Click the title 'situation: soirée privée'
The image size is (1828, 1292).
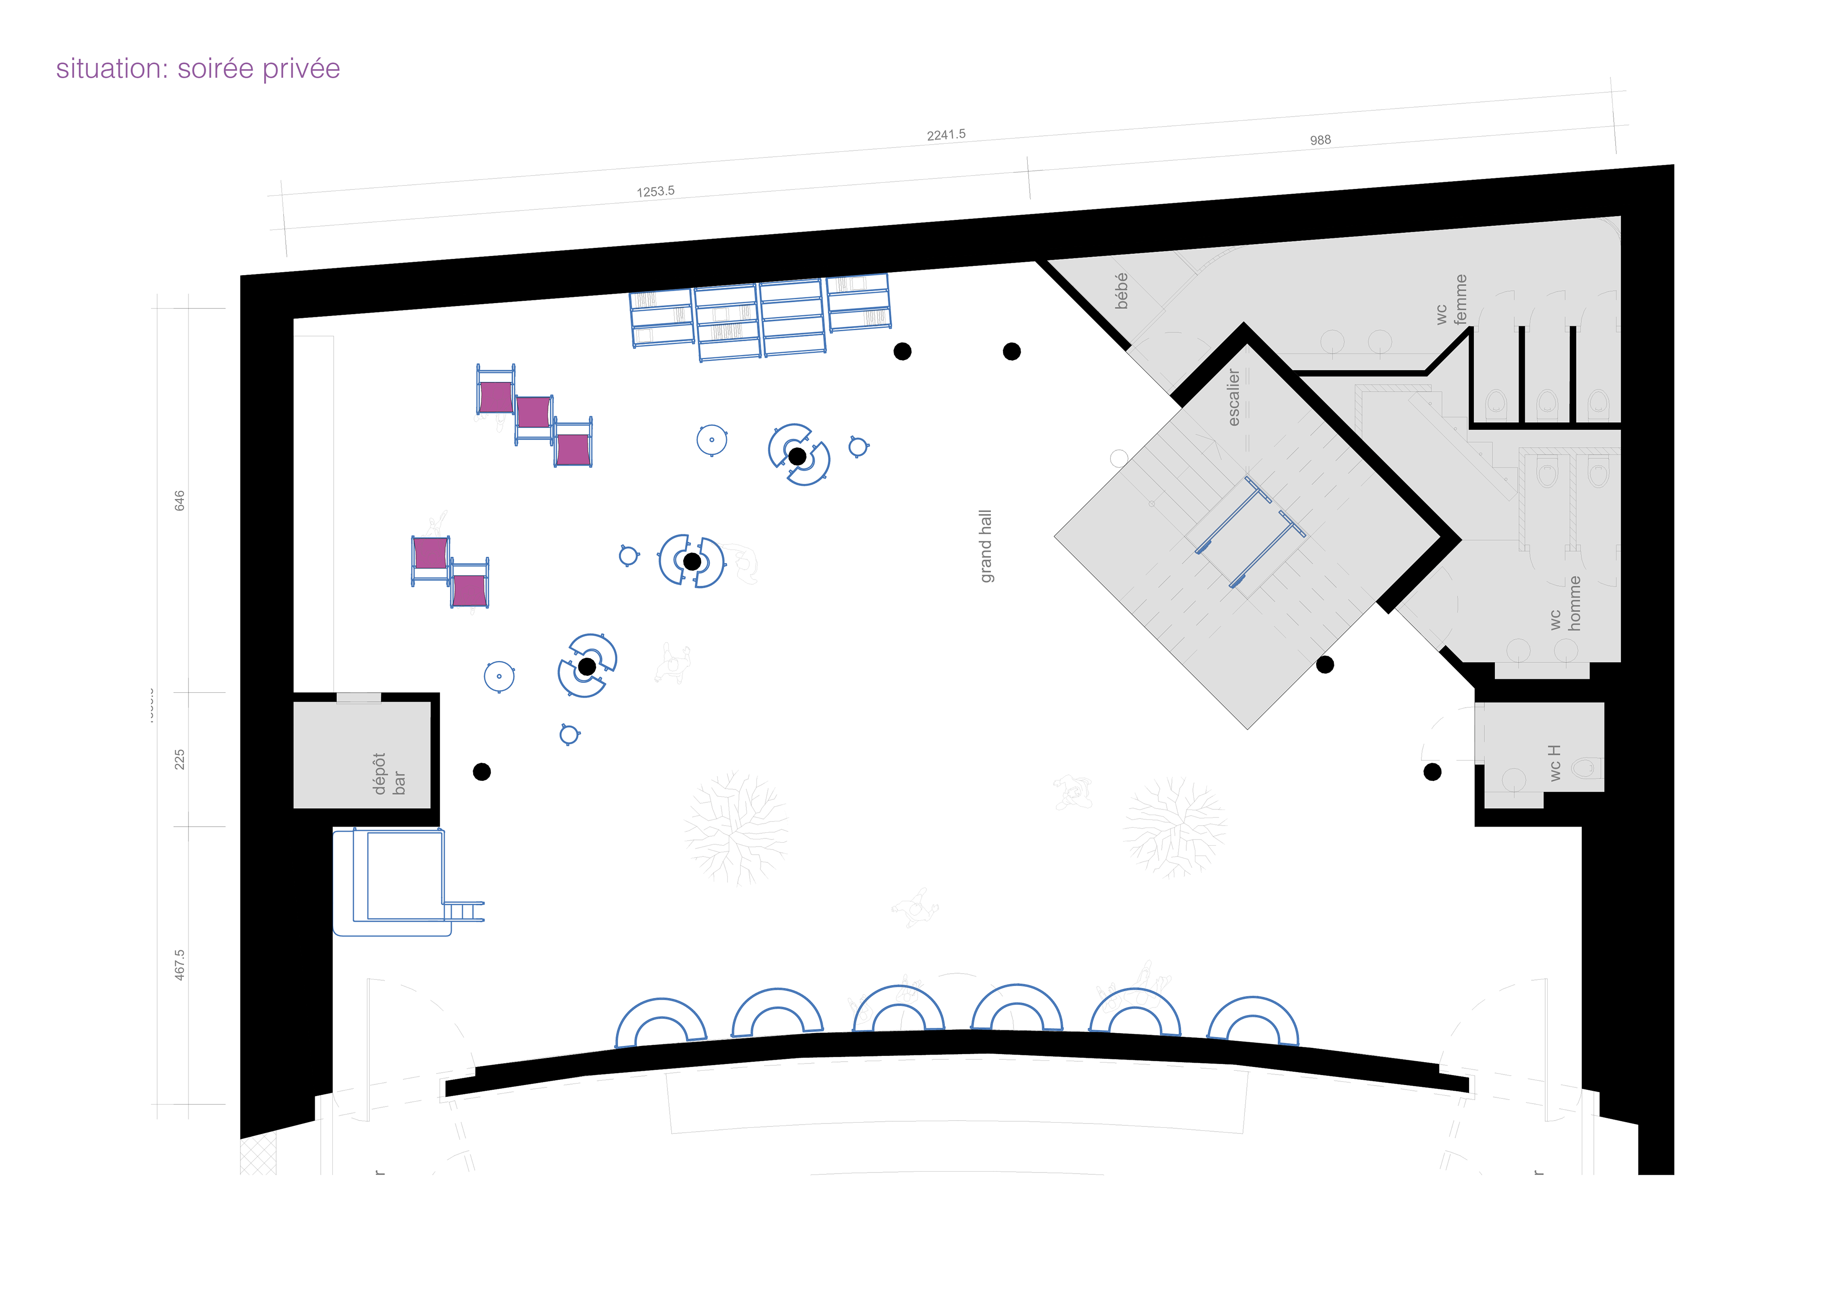(198, 69)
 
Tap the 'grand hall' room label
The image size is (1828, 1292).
(986, 546)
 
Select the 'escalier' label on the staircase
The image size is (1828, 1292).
(1233, 396)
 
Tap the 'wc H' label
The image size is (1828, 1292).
(1554, 763)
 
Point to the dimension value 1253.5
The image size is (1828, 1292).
(655, 191)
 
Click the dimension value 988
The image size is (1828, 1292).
(1320, 140)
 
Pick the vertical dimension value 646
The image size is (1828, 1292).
(180, 500)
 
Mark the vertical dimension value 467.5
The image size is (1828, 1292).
(180, 964)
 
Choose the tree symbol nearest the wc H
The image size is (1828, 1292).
(1174, 828)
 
